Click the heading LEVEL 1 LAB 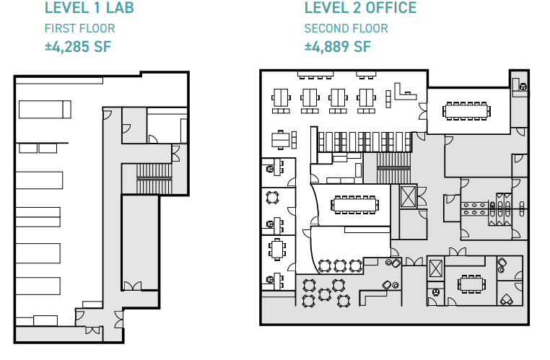89,9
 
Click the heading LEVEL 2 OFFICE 360,9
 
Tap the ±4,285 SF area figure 77,48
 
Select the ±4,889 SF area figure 337,48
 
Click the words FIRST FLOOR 79,29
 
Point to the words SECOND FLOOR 346,29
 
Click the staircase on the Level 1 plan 154,171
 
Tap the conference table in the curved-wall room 354,204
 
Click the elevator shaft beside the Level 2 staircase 407,197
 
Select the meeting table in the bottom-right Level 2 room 473,283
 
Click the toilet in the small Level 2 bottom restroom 436,292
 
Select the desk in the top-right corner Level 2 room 519,87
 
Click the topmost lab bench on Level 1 45,110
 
